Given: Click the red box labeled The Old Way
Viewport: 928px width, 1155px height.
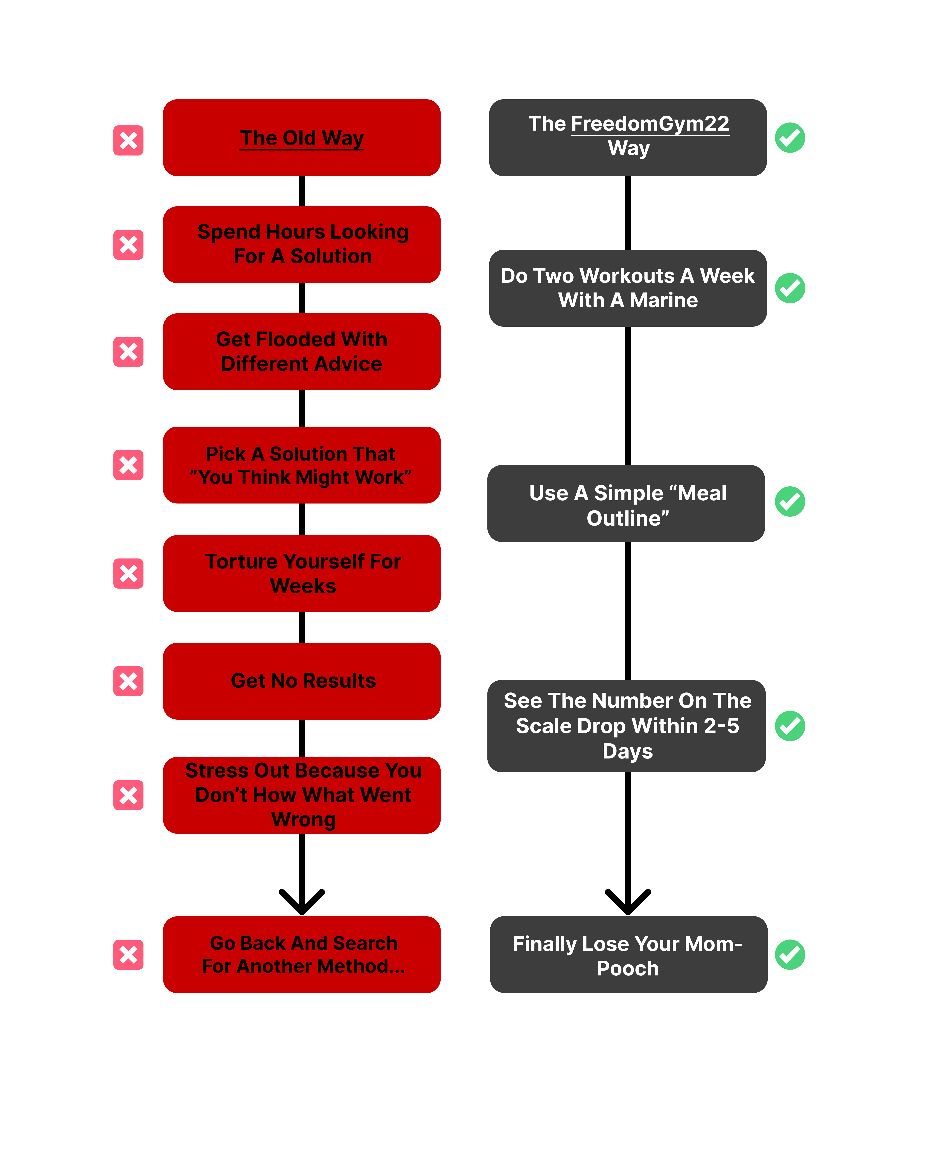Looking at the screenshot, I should pos(302,138).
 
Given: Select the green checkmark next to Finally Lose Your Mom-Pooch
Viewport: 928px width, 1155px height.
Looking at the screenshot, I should pos(790,955).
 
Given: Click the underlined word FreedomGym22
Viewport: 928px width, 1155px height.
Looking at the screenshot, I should pos(650,124).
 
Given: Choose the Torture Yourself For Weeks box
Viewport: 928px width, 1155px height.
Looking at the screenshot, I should pos(302,573).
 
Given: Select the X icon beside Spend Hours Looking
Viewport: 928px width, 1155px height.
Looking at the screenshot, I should pos(129,245).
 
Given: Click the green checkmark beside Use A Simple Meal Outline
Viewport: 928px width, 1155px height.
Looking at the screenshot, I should pos(790,501).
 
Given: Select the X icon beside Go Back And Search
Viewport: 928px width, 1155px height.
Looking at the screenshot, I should pos(129,955).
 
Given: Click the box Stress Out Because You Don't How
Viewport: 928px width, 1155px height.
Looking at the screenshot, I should pos(302,795).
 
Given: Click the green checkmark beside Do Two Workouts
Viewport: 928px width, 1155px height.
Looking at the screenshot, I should pos(790,288).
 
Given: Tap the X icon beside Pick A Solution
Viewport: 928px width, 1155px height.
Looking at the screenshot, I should pos(129,465).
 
